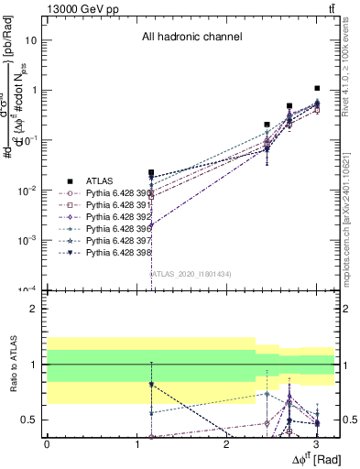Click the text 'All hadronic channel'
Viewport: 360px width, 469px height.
(x=191, y=38)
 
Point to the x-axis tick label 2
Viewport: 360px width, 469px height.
(x=226, y=444)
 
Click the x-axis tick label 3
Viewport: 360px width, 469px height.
(x=316, y=444)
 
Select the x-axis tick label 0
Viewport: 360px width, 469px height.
(x=47, y=444)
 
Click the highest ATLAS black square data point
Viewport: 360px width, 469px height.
(x=317, y=89)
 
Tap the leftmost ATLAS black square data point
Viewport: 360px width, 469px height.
(x=150, y=173)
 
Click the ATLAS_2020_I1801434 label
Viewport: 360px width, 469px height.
(x=184, y=274)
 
